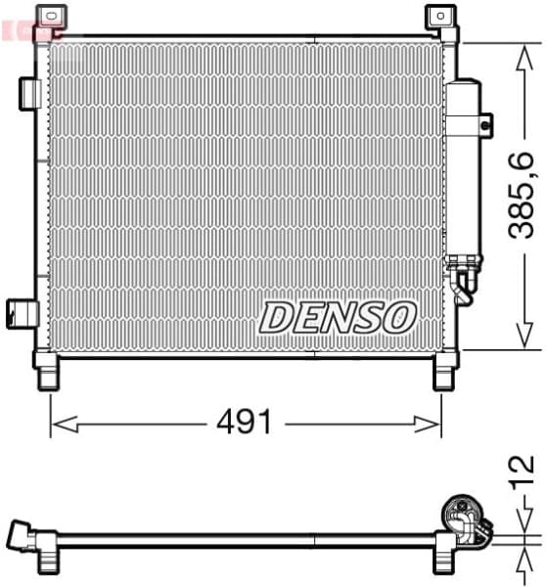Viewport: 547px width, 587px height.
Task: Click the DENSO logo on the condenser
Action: [x=339, y=316]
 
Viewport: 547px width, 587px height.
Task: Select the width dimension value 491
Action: [x=245, y=423]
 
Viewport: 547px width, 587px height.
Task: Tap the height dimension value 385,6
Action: [x=522, y=197]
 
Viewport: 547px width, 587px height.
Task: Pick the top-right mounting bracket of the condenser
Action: [x=441, y=17]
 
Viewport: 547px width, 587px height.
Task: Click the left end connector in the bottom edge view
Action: [x=22, y=536]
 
